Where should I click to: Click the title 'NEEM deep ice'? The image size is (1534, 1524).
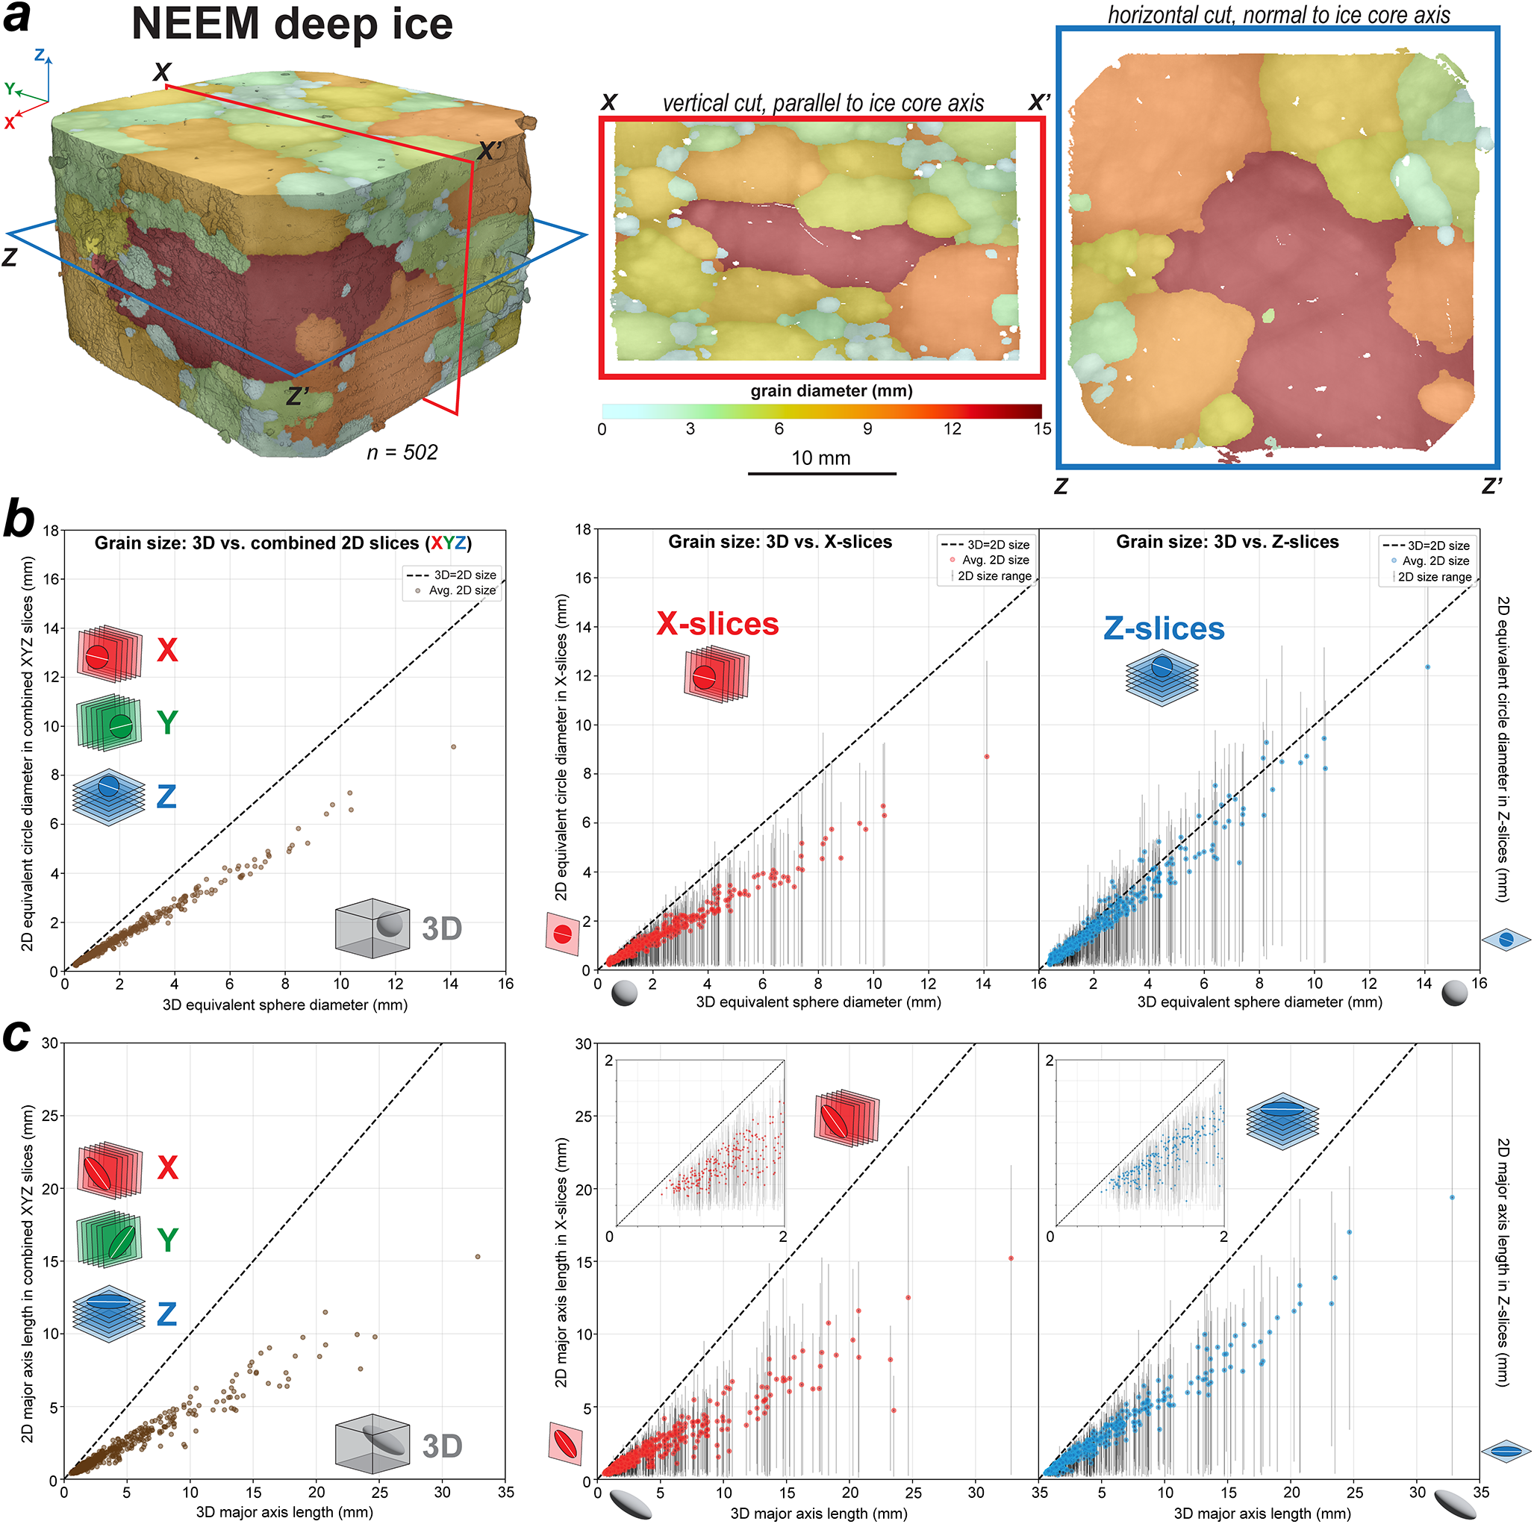coord(291,24)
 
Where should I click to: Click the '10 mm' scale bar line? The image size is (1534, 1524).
coord(822,474)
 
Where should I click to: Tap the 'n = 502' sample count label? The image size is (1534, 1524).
coord(402,452)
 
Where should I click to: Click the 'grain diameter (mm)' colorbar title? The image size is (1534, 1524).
coord(832,390)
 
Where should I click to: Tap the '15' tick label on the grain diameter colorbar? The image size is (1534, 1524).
coord(1042,428)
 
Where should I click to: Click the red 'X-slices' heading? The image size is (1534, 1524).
coord(717,624)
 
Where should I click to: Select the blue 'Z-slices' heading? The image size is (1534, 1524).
coord(1164,628)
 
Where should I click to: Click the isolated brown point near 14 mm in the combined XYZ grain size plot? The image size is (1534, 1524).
coord(453,747)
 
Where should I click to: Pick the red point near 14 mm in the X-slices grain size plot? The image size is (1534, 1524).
coord(987,757)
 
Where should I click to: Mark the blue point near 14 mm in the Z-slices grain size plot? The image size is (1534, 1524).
coord(1427,666)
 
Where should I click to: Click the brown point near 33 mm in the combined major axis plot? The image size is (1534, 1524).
coord(477,1257)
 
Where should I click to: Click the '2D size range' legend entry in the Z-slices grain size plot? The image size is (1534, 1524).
coord(1429,577)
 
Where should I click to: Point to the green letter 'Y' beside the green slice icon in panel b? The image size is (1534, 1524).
coord(166,723)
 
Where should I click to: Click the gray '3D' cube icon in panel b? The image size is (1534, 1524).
coord(372,926)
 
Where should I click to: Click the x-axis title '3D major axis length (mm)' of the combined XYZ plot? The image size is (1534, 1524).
coord(284,1512)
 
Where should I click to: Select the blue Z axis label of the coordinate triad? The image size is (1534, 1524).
coord(40,54)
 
